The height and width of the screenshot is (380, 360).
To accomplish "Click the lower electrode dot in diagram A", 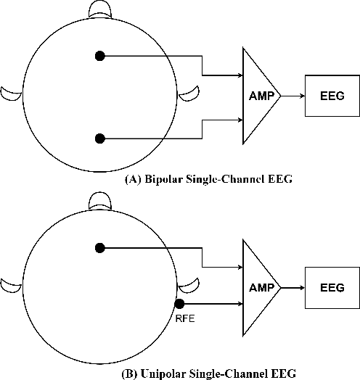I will click(x=100, y=138).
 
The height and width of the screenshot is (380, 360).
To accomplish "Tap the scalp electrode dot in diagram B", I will click(x=100, y=248).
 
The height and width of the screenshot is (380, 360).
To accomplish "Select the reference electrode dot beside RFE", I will click(x=180, y=305).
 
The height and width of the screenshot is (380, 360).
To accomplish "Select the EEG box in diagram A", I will click(x=331, y=95).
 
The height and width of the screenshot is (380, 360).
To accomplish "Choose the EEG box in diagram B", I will click(x=331, y=287).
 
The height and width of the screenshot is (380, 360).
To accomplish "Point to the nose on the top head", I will click(x=100, y=9).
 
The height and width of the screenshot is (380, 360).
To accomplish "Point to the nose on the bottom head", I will click(x=100, y=199).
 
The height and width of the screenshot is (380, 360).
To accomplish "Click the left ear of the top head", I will click(x=11, y=92).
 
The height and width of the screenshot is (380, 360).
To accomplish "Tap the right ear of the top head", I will click(x=189, y=92).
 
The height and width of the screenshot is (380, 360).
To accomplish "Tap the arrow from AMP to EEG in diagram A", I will click(x=292, y=95).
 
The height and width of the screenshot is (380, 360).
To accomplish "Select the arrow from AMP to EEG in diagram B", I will click(x=292, y=287).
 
